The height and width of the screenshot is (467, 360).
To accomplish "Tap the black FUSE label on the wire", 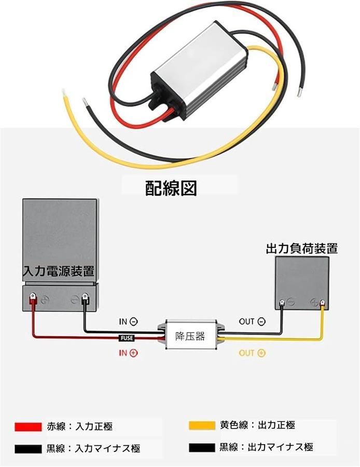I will (x=127, y=338).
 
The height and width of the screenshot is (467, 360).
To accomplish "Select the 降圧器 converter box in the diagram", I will (x=190, y=336).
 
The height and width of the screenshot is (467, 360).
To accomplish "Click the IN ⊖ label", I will (x=128, y=322).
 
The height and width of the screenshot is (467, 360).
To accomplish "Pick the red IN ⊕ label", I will (x=128, y=353).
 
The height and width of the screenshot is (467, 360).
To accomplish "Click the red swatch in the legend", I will (x=28, y=427).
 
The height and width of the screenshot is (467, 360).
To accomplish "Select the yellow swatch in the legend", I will (x=202, y=425).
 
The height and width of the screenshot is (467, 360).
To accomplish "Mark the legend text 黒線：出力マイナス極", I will (x=266, y=447).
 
